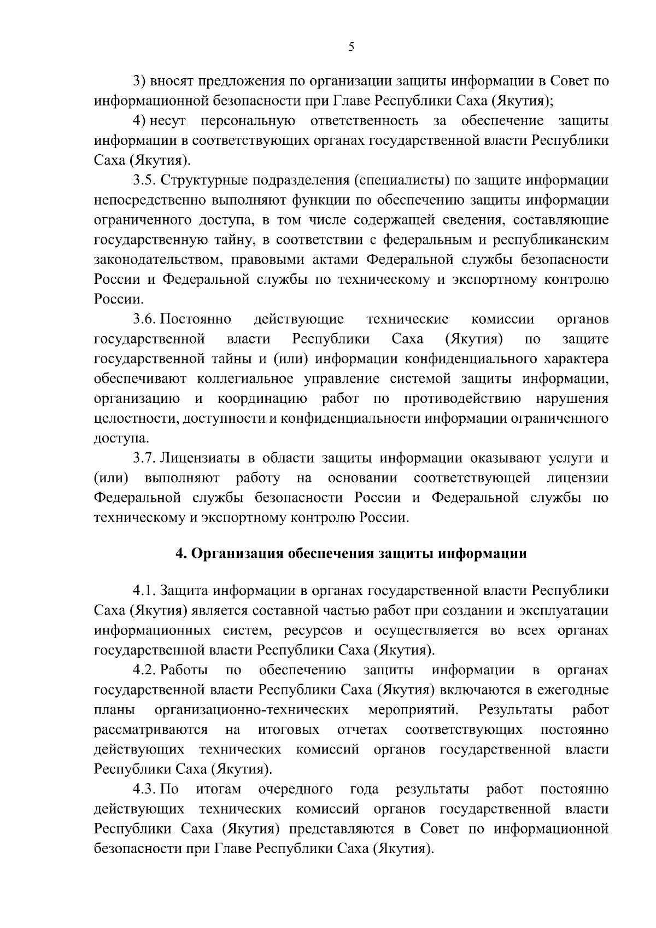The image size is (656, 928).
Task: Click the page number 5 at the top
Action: point(352,47)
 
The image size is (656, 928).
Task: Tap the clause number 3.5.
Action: point(144,180)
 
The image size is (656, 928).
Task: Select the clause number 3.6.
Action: point(144,319)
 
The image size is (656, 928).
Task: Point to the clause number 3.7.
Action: point(144,458)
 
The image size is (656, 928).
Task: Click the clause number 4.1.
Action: point(144,591)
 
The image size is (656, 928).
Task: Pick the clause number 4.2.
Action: point(144,670)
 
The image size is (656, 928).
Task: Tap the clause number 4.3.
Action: point(144,790)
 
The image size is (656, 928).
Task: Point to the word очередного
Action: point(296,790)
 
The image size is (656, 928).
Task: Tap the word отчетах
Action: point(362,730)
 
